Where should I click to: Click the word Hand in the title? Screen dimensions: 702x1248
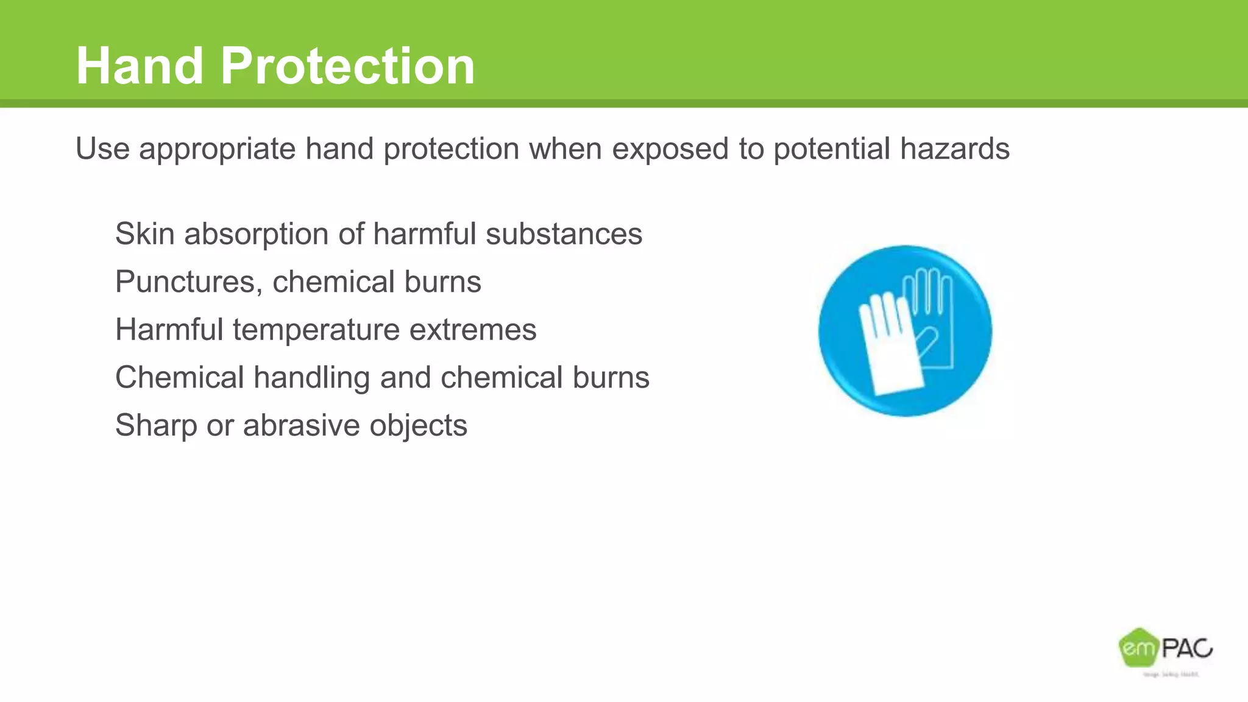140,66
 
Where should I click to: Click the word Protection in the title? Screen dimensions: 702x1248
347,66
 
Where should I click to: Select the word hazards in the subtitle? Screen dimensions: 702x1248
955,149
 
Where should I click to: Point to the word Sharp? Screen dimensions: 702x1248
156,426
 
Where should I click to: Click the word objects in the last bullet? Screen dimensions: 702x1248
418,426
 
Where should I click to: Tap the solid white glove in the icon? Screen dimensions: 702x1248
888,347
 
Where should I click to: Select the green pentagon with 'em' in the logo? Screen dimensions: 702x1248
1137,648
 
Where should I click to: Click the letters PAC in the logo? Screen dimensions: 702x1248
1187,648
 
